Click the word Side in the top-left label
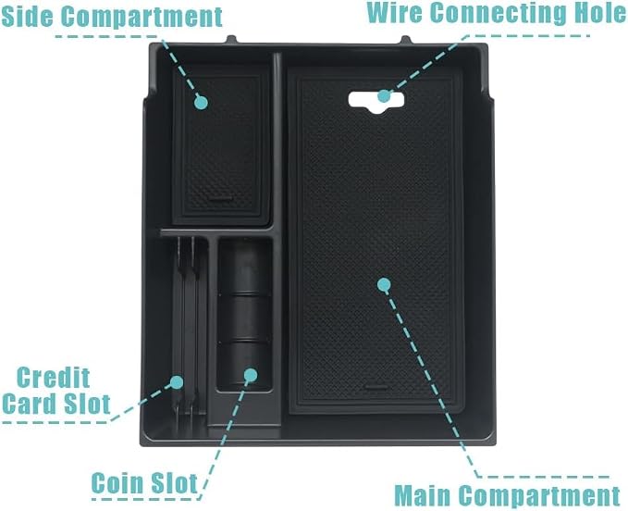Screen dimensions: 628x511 [x=27, y=16]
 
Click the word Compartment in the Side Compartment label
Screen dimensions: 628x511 [x=142, y=17]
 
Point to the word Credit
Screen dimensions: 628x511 [x=53, y=378]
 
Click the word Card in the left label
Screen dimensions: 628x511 [x=31, y=404]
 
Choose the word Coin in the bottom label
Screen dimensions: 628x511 [x=117, y=482]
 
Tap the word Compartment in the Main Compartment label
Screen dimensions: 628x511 [x=539, y=496]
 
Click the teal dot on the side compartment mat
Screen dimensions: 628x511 [x=201, y=103]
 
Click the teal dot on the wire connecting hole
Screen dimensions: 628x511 [x=384, y=95]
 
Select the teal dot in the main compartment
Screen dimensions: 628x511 [x=384, y=284]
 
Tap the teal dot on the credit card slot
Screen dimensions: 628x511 [x=177, y=382]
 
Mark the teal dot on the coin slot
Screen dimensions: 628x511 [x=251, y=375]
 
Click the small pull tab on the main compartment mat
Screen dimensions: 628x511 [x=376, y=387]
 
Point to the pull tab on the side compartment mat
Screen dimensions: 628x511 [x=221, y=199]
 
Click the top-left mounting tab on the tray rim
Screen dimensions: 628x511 [x=231, y=39]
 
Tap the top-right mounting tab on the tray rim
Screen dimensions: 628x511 [x=406, y=40]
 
